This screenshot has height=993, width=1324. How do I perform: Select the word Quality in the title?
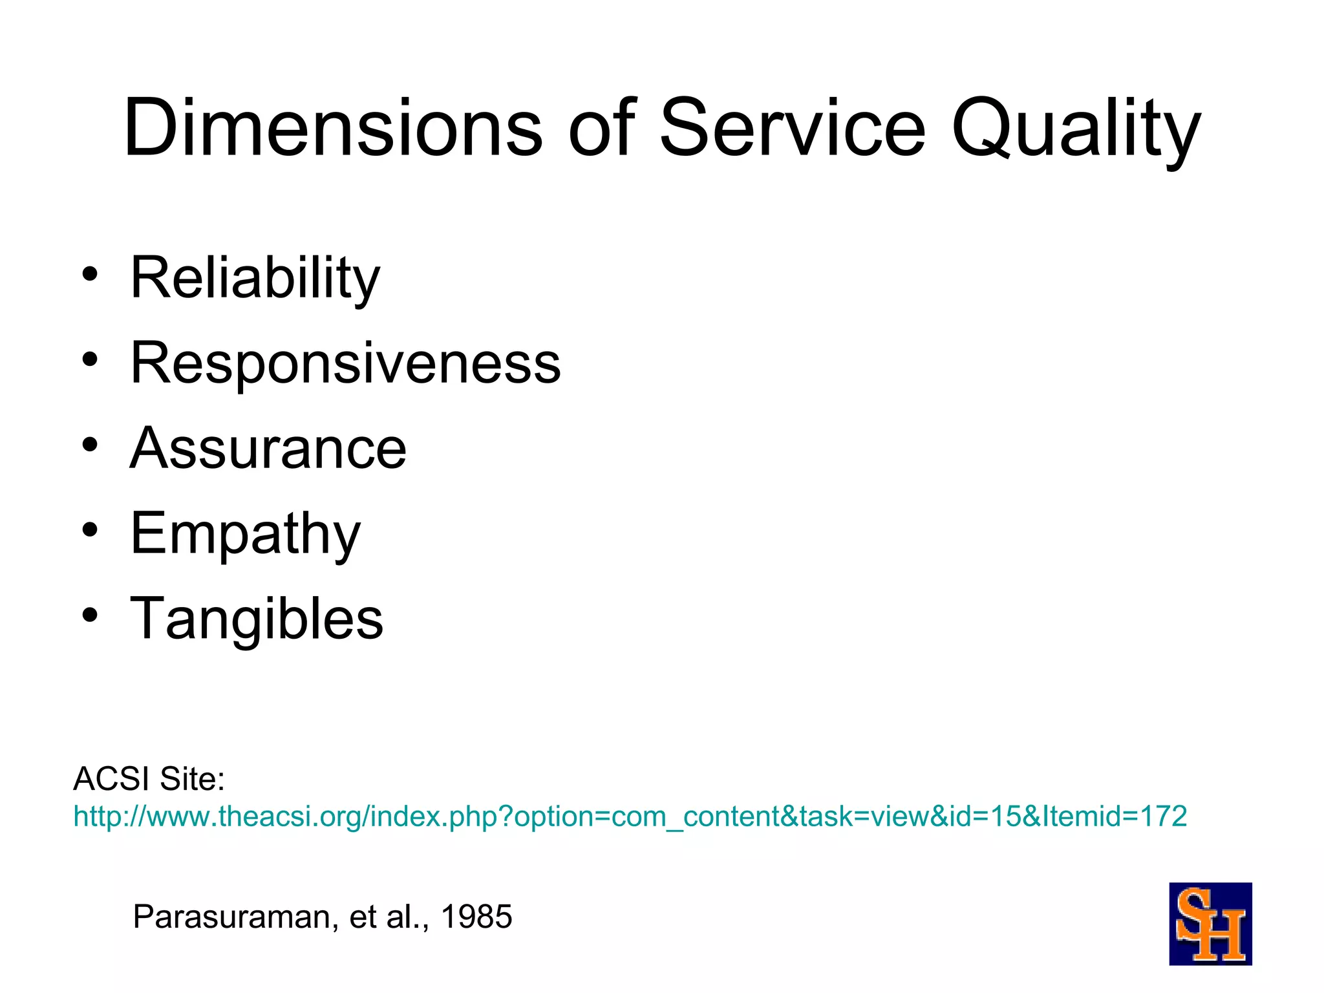(1076, 129)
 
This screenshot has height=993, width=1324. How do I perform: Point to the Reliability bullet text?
(255, 278)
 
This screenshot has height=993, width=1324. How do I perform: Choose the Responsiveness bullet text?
(345, 363)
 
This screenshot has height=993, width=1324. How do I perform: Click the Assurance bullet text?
(268, 448)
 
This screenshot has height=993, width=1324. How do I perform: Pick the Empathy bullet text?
(245, 534)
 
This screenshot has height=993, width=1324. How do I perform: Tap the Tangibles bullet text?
(257, 619)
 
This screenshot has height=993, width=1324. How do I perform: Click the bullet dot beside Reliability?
(90, 274)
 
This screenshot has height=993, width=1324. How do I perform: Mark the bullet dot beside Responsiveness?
(90, 359)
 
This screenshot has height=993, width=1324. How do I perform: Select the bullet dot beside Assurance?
(90, 445)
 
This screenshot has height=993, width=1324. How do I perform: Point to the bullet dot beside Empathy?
(90, 530)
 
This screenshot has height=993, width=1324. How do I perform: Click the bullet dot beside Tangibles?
(90, 615)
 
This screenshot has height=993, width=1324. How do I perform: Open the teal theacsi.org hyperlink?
(630, 817)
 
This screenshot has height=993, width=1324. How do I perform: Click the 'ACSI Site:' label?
(149, 778)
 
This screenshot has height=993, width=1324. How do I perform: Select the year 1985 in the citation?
(476, 917)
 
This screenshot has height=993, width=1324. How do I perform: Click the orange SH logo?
(1210, 924)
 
